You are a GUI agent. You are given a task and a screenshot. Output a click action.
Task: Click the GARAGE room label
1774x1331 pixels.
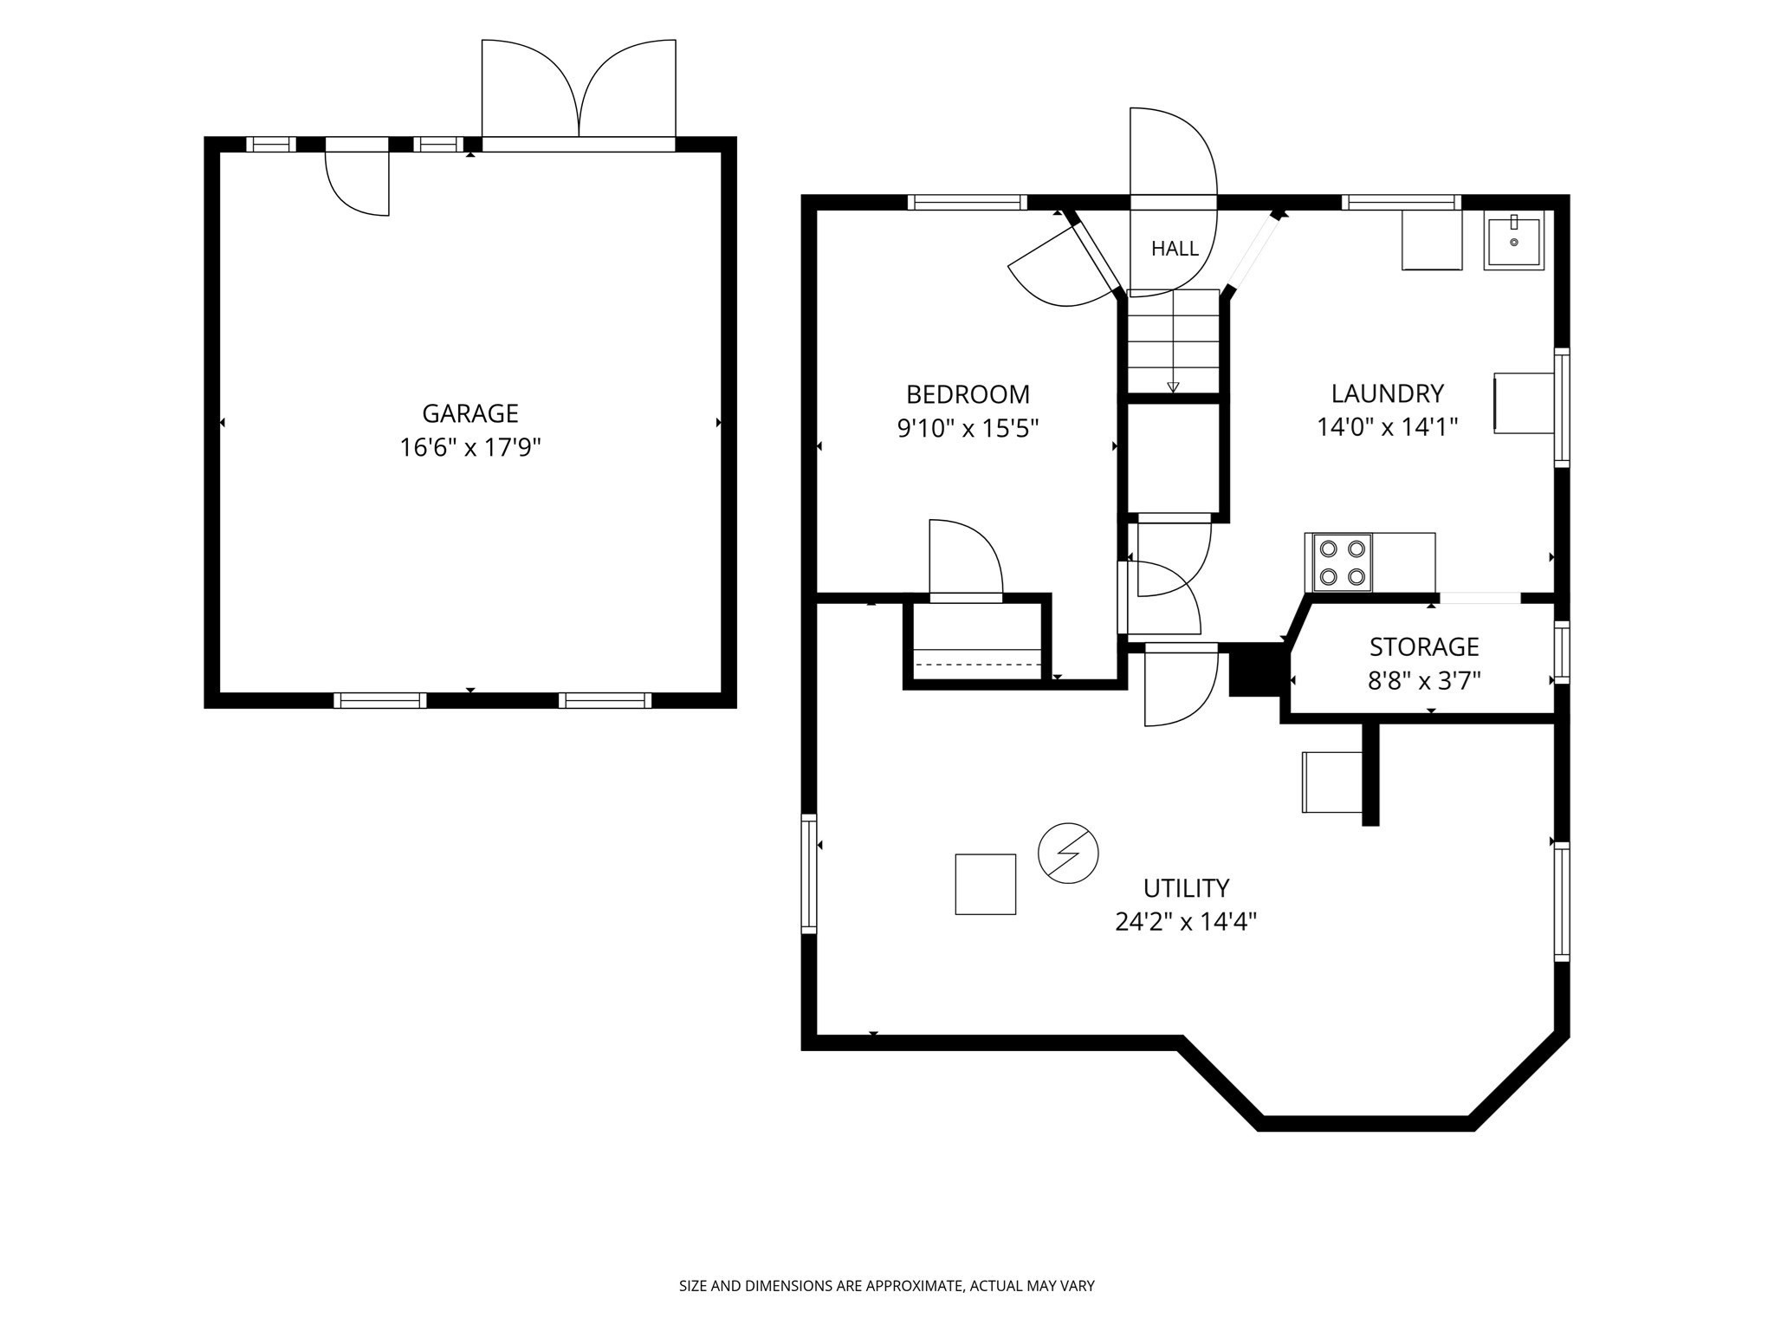470,412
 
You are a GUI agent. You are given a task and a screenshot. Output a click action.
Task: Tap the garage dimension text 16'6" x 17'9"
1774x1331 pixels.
470,448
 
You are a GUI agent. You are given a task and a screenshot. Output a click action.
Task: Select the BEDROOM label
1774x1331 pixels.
968,394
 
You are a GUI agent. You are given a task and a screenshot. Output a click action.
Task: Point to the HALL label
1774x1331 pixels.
1175,249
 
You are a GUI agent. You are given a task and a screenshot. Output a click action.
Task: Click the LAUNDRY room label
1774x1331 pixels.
1388,393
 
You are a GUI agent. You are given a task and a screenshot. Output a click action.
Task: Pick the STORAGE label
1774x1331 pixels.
1424,646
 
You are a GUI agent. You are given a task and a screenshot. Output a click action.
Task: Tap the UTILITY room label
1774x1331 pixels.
1186,888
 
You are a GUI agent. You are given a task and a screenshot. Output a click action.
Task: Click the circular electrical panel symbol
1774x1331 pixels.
1068,854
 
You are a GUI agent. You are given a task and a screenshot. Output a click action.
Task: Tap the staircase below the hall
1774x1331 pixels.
1173,341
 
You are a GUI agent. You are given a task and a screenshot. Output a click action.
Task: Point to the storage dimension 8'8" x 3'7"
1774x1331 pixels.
1424,681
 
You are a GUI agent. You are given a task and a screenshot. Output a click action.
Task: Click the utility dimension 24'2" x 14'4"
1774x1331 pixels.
1186,922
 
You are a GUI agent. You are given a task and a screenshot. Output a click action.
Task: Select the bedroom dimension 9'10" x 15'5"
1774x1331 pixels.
968,428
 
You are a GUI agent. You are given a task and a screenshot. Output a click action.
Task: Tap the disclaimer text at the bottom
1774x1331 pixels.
886,1287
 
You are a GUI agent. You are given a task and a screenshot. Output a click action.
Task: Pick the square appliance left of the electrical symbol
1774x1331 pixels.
985,884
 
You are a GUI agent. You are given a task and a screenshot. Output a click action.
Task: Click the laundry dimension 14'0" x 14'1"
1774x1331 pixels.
1388,427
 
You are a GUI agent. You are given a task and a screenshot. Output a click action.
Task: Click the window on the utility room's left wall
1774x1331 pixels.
808,873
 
